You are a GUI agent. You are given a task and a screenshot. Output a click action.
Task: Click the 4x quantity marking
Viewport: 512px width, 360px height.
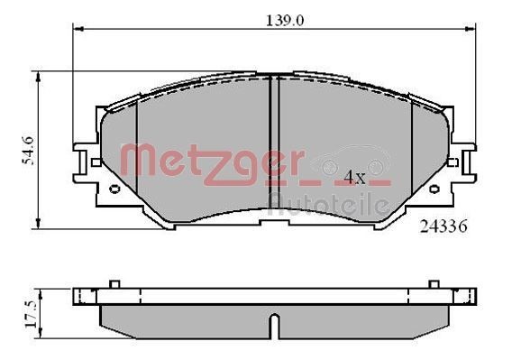[354, 177]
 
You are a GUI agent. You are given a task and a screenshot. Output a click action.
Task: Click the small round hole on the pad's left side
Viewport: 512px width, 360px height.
[114, 189]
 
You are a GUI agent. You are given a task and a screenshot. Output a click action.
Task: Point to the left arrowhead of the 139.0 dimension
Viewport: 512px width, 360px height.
[76, 29]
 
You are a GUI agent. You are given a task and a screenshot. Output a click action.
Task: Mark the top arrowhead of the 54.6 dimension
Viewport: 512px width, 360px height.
[39, 76]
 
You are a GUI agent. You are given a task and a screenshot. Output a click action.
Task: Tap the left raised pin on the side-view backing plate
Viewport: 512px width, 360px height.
[114, 284]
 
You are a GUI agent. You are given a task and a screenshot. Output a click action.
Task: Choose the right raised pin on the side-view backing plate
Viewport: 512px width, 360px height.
[433, 284]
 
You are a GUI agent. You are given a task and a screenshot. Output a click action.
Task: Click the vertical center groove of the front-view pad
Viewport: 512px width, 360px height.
[273, 144]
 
